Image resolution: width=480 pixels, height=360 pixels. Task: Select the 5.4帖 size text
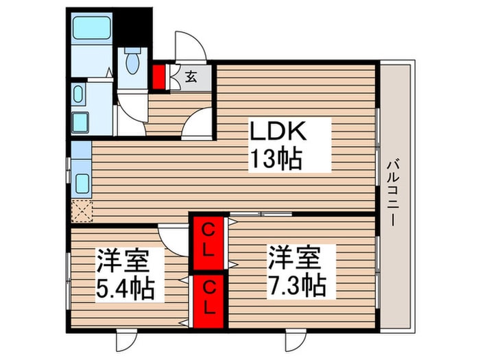(x=125, y=287)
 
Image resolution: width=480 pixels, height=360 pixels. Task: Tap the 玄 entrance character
(x=191, y=77)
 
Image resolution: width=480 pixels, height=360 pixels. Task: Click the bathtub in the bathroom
(x=92, y=29)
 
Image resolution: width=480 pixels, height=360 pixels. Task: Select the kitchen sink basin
(x=80, y=182)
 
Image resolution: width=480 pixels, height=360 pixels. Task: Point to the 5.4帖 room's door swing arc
(x=171, y=239)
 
